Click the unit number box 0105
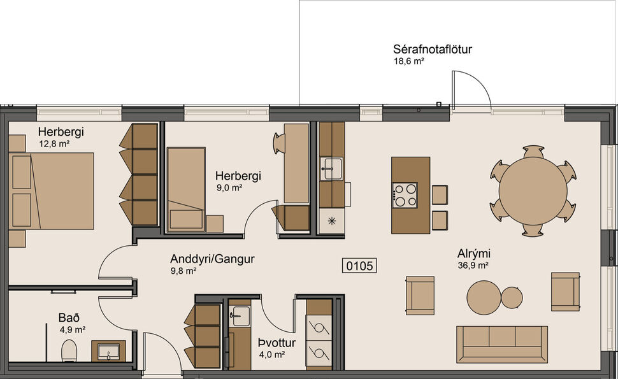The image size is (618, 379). [359, 266]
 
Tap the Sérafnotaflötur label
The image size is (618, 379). [432, 49]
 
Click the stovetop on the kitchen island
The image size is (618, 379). [405, 196]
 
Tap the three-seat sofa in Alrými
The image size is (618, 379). [501, 342]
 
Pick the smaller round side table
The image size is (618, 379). [512, 297]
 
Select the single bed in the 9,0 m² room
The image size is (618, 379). [185, 189]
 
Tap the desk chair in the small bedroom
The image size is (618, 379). [279, 143]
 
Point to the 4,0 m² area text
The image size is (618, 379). [271, 354]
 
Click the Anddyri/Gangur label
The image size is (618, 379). [212, 259]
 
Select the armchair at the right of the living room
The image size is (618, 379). [565, 291]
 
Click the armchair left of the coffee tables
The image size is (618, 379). [420, 295]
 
